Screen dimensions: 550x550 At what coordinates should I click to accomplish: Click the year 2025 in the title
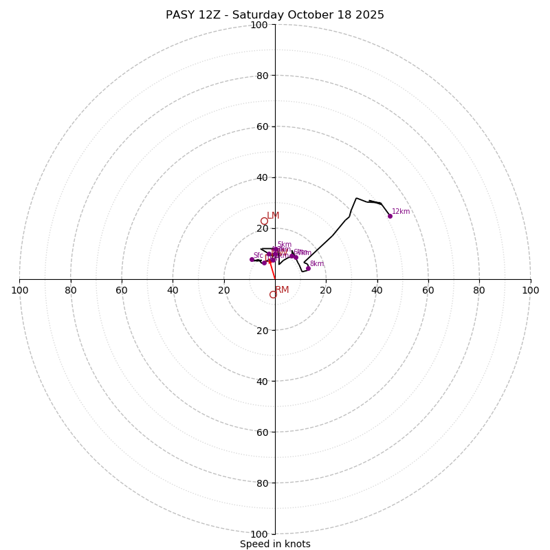pos(368,15)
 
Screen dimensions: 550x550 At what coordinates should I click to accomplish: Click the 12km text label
pos(401,212)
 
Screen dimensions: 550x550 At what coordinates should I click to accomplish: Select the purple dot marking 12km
pos(390,216)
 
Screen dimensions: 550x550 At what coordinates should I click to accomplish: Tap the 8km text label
pos(316,264)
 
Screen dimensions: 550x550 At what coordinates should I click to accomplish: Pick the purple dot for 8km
pos(308,268)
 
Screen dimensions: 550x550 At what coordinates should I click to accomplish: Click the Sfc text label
pos(258,256)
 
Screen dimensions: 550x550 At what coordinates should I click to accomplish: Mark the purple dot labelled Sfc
pos(252,259)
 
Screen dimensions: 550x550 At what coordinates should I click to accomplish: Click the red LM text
pos(273,216)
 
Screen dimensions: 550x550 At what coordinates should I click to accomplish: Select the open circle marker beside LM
pos(264,221)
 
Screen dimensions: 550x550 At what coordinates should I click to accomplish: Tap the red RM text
pos(282,290)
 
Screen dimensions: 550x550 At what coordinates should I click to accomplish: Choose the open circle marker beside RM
pos(273,295)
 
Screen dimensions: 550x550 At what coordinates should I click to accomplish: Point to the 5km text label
pos(284,245)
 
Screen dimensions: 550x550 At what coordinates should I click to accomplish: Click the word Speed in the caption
pos(253,544)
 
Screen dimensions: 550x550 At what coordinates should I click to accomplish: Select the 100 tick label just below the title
pos(259,25)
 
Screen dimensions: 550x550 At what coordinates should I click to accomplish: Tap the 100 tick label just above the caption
pos(259,534)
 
